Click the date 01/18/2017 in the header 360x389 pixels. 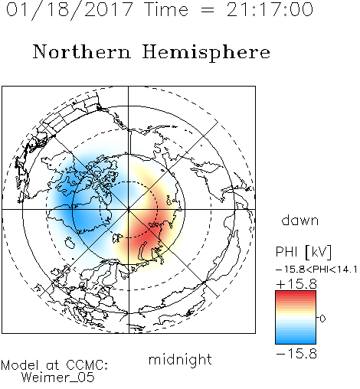point(70,10)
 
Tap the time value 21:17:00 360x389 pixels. point(270,9)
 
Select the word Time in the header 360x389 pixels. point(166,9)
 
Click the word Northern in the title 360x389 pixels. point(82,52)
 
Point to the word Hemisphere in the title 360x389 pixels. point(206,53)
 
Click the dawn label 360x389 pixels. point(300,221)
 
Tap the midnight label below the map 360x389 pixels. point(180,359)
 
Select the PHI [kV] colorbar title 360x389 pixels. point(303,252)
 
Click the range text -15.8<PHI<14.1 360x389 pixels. point(316,270)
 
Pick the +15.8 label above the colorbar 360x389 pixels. point(296,284)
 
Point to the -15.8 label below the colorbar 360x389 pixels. point(296,354)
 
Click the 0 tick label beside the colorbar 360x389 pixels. point(322,319)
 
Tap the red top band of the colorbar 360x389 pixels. point(296,295)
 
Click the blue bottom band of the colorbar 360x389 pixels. point(296,339)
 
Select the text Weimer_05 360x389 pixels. point(58,378)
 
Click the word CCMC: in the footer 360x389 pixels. point(87,365)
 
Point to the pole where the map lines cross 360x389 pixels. point(129,209)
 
